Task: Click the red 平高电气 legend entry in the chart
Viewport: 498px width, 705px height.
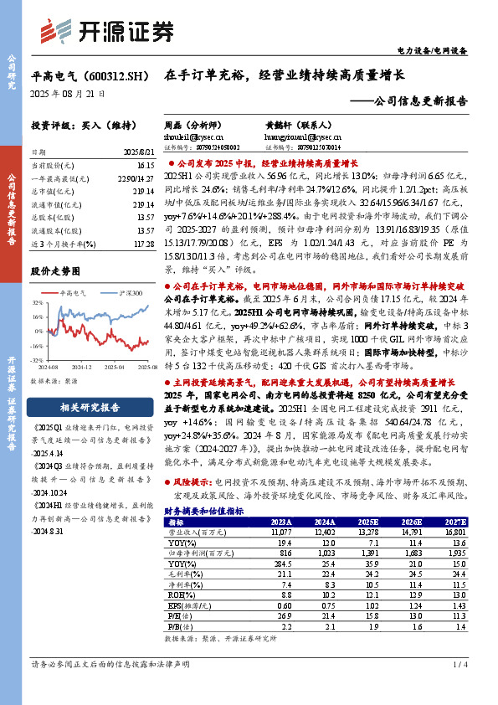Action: pyautogui.click(x=80, y=293)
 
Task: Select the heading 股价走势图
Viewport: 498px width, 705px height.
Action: pyautogui.click(x=55, y=271)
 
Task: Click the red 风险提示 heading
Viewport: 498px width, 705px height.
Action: pyautogui.click(x=192, y=482)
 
